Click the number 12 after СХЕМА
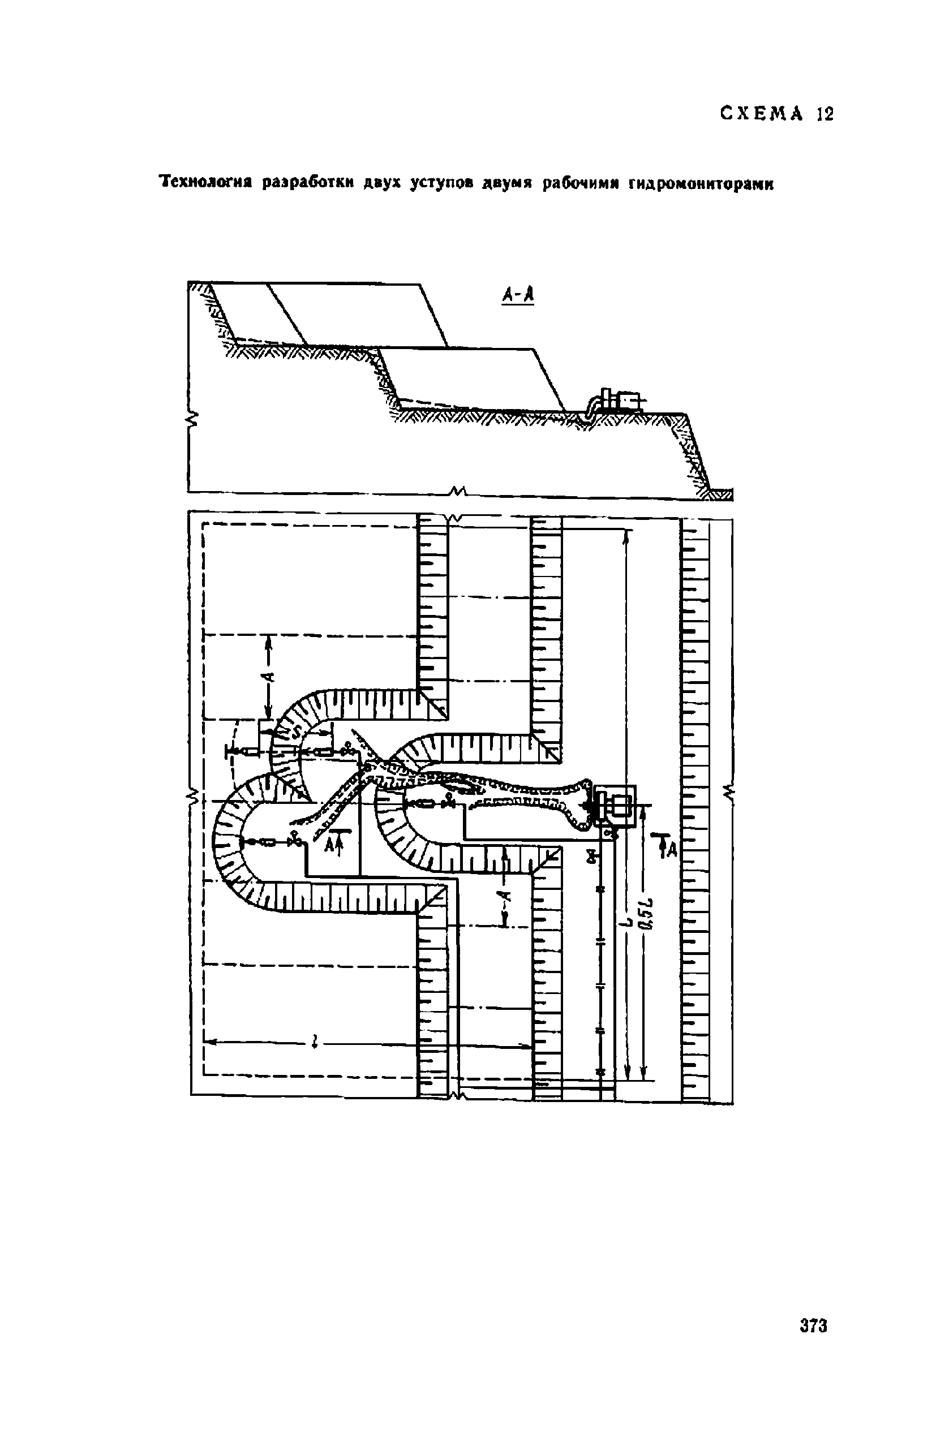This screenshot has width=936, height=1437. click(x=825, y=114)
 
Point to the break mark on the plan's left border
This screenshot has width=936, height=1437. click(x=193, y=798)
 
